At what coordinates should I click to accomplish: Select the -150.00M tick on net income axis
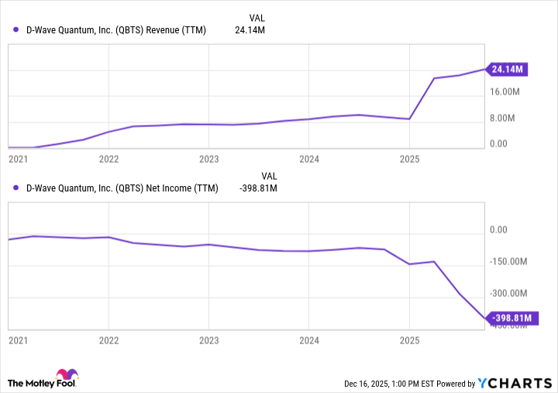click(510, 261)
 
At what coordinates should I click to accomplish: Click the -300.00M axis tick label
click(510, 294)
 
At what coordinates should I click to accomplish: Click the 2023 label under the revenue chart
click(208, 159)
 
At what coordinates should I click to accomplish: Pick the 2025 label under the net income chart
click(409, 340)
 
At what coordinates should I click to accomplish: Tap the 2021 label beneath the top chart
click(17, 159)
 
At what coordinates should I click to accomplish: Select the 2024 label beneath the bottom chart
click(308, 340)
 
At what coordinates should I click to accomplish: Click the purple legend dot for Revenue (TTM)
click(16, 29)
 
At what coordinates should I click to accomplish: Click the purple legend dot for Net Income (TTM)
click(16, 188)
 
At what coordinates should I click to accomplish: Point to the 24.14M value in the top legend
click(250, 29)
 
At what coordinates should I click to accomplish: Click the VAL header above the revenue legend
click(257, 17)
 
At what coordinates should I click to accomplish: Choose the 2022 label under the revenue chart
click(108, 159)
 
